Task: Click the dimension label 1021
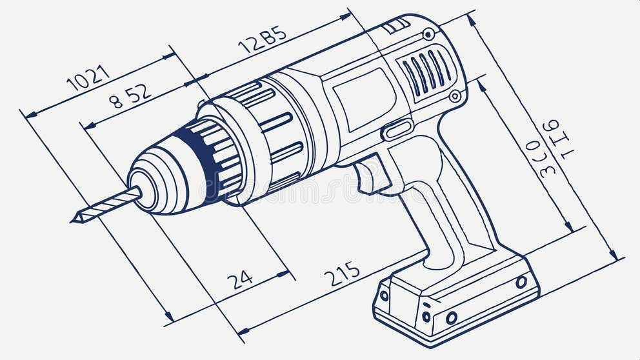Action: [88, 77]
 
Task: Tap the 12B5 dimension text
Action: [262, 39]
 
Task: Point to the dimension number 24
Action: [239, 279]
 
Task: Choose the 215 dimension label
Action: [342, 274]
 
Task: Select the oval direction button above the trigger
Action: [397, 129]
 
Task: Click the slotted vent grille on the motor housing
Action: [426, 72]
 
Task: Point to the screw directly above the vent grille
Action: [428, 34]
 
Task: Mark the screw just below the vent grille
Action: [455, 96]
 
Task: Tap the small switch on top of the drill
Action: [395, 26]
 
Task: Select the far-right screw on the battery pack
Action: [521, 282]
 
